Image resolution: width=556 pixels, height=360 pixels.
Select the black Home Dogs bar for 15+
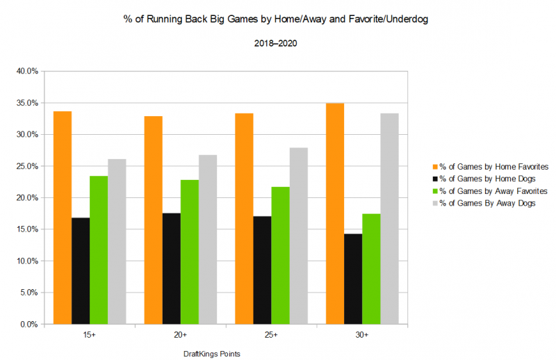[81, 271]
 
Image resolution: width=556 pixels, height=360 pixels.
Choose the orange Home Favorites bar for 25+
[244, 218]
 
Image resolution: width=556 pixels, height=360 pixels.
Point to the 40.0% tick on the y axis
[28, 71]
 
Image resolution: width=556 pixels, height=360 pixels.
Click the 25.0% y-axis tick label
[28, 166]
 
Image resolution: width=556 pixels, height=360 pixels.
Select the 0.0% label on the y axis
[30, 325]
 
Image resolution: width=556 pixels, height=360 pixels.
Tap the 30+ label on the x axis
[362, 336]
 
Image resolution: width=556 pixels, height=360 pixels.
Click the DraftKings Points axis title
[212, 354]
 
